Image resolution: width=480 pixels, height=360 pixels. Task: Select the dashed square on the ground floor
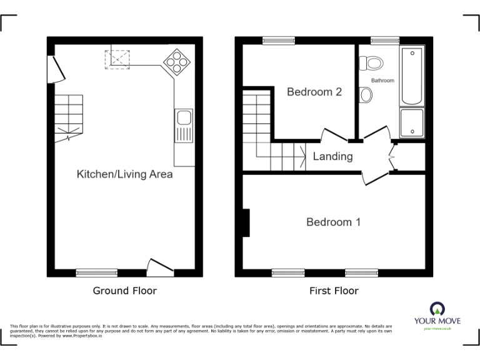click(116, 58)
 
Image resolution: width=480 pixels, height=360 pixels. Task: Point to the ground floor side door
click(54, 69)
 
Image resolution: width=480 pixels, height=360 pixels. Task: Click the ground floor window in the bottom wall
click(97, 272)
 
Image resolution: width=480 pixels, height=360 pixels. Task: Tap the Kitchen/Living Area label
click(124, 174)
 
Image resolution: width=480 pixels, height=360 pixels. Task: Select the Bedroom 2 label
click(314, 92)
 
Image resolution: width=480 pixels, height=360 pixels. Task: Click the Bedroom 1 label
click(333, 222)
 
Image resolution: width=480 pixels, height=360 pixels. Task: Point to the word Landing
click(332, 156)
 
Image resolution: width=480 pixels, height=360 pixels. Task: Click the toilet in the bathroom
click(374, 63)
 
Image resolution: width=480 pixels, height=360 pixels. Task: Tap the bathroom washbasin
click(367, 94)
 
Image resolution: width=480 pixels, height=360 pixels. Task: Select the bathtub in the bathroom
click(412, 76)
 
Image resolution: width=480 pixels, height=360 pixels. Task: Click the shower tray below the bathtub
click(412, 122)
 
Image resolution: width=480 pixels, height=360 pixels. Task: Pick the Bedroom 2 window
click(277, 41)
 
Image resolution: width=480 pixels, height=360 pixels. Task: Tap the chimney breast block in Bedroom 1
click(246, 223)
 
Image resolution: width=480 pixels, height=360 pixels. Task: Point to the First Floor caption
click(334, 291)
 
